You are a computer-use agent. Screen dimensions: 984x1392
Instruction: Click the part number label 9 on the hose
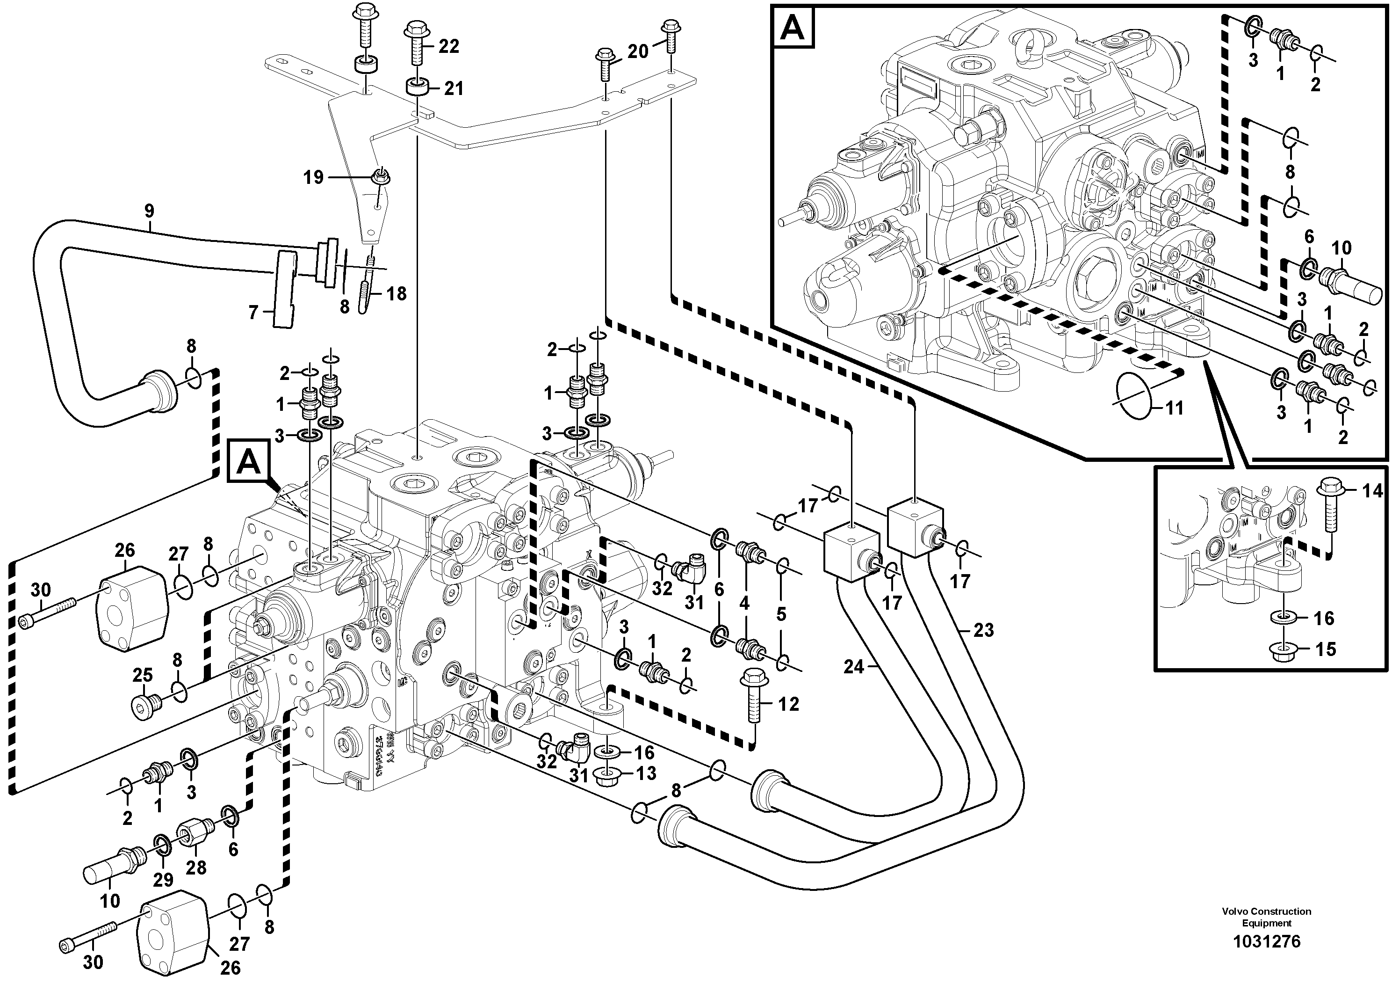coord(149,211)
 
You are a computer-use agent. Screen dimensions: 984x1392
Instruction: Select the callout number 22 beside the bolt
coord(448,46)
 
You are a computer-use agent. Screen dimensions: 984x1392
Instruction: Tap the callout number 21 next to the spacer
coord(454,88)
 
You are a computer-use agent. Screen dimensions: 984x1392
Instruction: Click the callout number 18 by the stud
coord(397,294)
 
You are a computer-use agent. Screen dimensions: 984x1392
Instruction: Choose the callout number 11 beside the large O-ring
coord(1175,408)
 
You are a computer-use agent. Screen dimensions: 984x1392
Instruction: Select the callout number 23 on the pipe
coord(983,630)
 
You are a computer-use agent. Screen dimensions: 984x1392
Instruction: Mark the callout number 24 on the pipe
coord(854,667)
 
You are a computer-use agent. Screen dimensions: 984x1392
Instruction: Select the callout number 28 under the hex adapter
coord(196,867)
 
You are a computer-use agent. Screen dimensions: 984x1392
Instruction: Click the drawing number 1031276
coord(1266,941)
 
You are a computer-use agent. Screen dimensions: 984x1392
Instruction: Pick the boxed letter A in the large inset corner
coord(793,27)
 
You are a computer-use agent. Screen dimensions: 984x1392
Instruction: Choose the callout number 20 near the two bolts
coord(638,51)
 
